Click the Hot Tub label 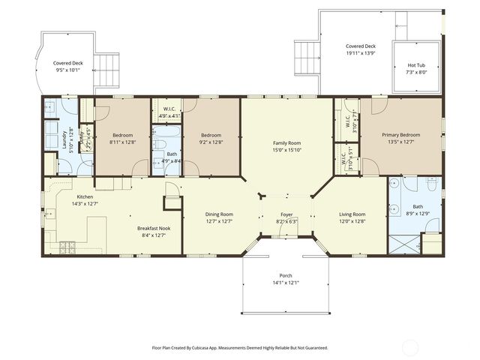point(416,65)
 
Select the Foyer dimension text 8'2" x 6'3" point(286,222)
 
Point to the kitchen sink point(49,218)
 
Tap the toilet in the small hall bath point(160,145)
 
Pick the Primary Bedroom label point(400,135)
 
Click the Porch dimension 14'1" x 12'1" point(286,283)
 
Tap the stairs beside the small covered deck point(109,64)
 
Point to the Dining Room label point(219,214)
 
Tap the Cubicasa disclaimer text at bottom point(239,348)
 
